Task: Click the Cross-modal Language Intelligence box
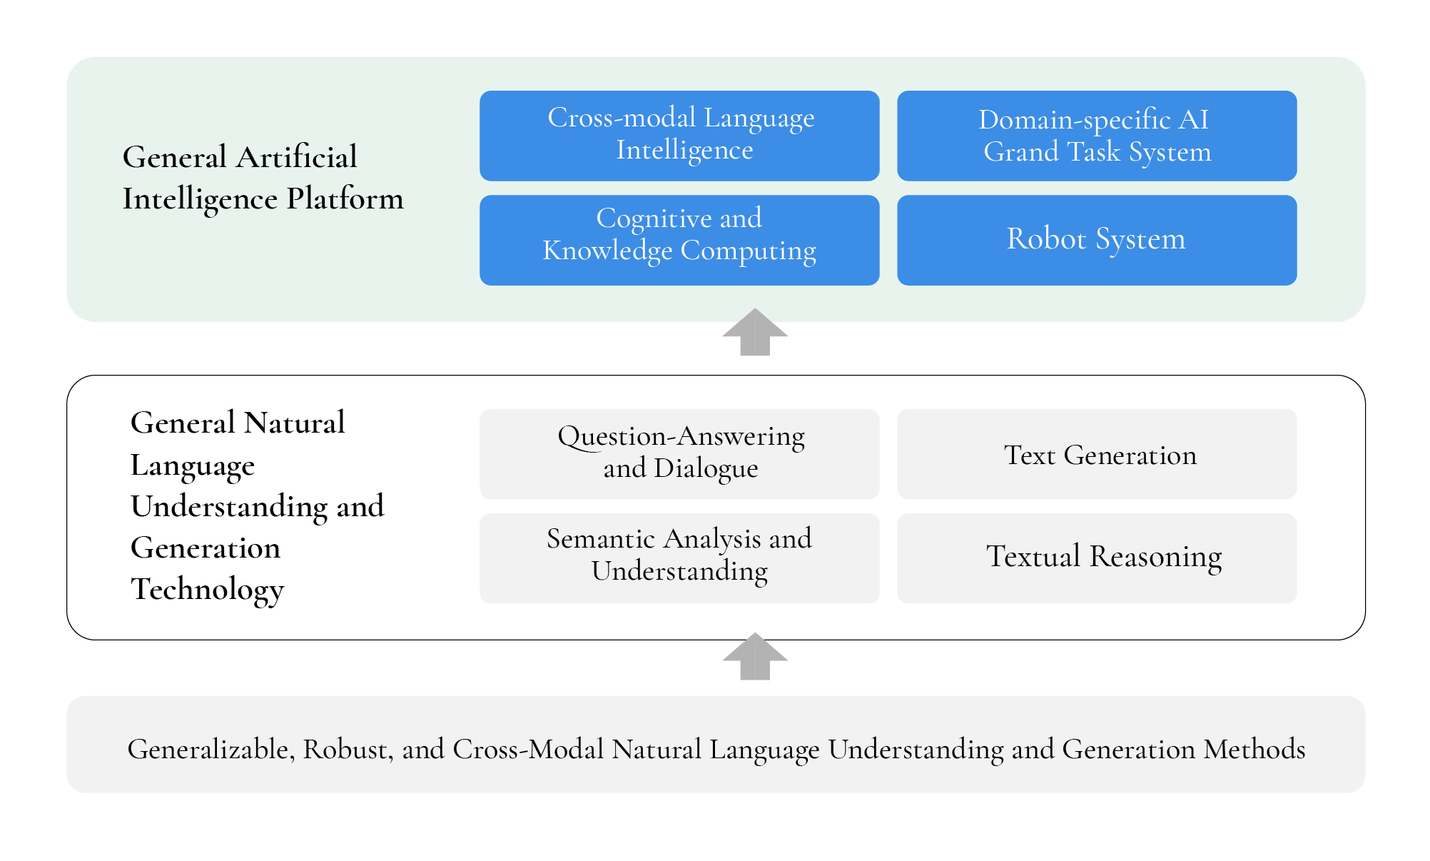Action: pos(679,136)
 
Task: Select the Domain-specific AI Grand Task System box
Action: pos(1097,136)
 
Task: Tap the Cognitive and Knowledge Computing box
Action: pos(679,240)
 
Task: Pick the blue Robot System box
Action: pos(1097,240)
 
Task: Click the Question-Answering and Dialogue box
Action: pos(679,454)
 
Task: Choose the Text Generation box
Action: pos(1097,454)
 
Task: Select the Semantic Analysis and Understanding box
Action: pos(679,558)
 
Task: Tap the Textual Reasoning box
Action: pos(1097,558)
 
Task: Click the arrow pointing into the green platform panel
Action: pos(755,332)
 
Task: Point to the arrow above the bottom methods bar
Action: pos(755,656)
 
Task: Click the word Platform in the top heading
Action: pos(345,199)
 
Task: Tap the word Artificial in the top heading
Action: pos(297,157)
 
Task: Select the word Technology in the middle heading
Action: pos(208,590)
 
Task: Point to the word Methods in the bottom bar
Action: pos(1254,749)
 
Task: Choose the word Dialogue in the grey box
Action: pos(706,469)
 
